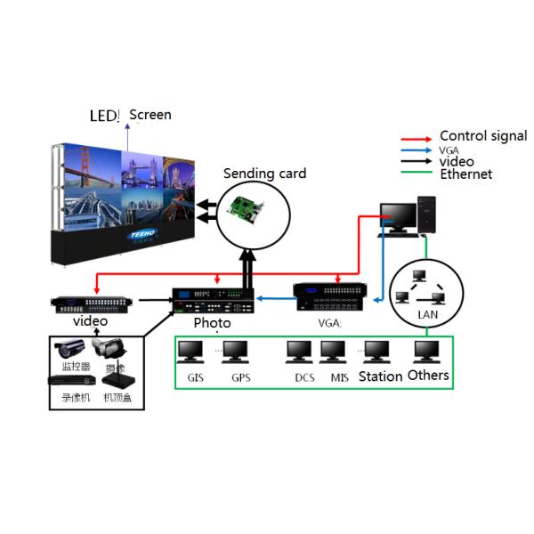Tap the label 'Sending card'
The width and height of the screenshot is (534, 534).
[x=264, y=174]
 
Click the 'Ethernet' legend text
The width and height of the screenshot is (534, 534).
[x=466, y=174]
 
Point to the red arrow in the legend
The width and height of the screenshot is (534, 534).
[x=417, y=139]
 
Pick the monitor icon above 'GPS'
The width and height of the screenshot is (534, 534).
[x=236, y=352]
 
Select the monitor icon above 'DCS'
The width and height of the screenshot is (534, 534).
[x=300, y=352]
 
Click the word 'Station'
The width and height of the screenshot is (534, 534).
[x=380, y=376]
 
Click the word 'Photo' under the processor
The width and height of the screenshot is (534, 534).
[x=212, y=323]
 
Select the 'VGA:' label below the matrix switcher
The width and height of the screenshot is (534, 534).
[x=329, y=323]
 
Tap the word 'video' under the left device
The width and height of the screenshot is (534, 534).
[x=90, y=320]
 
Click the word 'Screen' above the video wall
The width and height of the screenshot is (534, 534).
[x=150, y=115]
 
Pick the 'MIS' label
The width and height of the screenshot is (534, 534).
[x=339, y=377]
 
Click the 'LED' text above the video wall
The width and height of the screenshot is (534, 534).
[x=103, y=117]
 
